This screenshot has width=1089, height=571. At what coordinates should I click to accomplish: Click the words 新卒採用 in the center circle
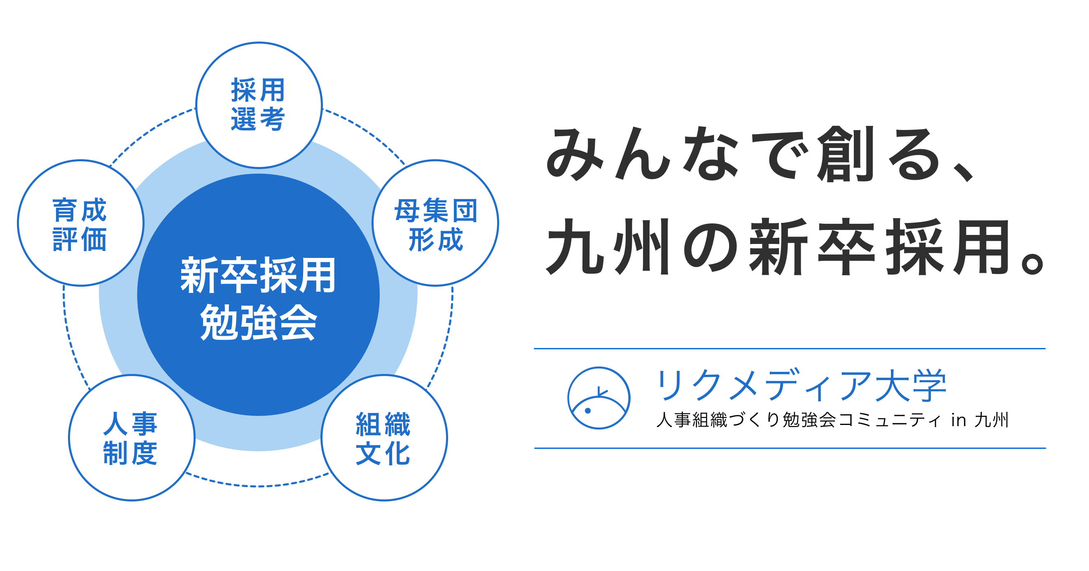(x=258, y=275)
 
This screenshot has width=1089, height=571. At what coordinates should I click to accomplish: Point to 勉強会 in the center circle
(x=258, y=322)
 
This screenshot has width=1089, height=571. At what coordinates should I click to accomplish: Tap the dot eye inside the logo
(x=588, y=411)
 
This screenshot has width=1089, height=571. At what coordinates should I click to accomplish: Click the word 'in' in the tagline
(x=959, y=420)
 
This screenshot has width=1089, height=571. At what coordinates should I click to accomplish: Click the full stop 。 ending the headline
(x=1032, y=264)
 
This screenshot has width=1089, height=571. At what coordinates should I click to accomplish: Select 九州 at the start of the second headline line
(x=608, y=247)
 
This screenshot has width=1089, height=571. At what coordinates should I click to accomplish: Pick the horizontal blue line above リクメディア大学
(x=790, y=349)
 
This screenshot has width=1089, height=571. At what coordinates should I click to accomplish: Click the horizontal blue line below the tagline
(x=790, y=448)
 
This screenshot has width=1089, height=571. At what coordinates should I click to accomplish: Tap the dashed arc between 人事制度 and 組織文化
(x=257, y=486)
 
